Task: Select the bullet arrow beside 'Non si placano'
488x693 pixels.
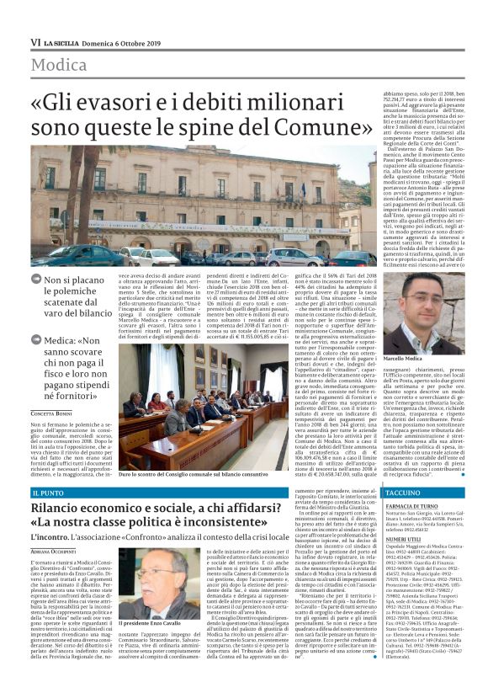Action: (36, 279)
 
